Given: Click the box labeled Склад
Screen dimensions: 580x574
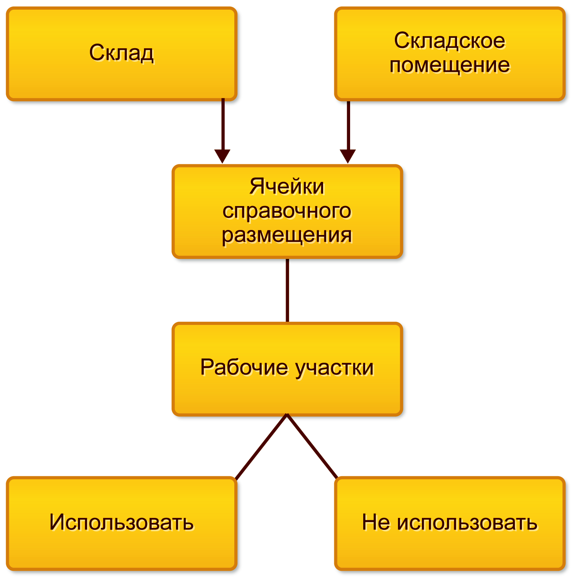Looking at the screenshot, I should click(x=122, y=54).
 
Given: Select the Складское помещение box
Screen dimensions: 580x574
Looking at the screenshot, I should click(x=450, y=54).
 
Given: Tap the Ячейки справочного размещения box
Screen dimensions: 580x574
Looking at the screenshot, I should click(x=287, y=211).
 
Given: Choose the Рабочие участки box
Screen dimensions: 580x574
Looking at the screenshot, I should click(x=287, y=369).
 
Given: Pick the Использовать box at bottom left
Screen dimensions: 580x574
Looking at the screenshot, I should click(x=122, y=523).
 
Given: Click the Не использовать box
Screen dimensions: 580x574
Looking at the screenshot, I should click(x=450, y=523).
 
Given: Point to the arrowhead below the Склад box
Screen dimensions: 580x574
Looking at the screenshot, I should click(x=222, y=156).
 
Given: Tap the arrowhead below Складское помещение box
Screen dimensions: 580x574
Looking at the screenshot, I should click(x=348, y=156).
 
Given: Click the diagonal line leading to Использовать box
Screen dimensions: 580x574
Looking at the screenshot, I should click(x=262, y=446).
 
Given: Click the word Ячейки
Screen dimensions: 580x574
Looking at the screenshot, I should click(x=287, y=187).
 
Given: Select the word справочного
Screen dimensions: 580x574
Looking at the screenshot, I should click(x=287, y=211).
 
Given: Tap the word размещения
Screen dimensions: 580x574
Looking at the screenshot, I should click(x=287, y=235).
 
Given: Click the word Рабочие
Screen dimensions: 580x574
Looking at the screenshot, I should click(x=244, y=367).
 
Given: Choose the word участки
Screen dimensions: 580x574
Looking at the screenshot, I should click(x=335, y=368).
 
